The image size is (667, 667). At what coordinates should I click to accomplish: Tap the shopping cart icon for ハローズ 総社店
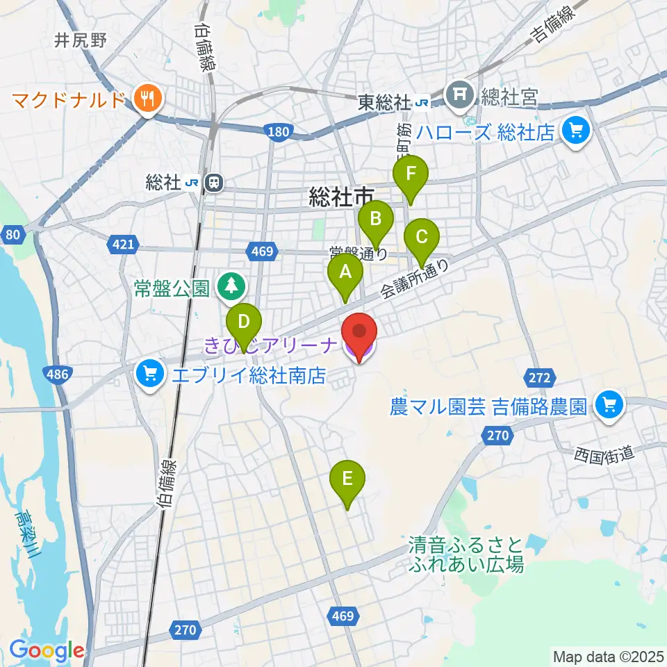pos(575,130)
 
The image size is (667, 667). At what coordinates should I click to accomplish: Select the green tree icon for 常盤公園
pos(229,285)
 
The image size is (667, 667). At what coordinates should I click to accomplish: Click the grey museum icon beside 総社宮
pos(460,92)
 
